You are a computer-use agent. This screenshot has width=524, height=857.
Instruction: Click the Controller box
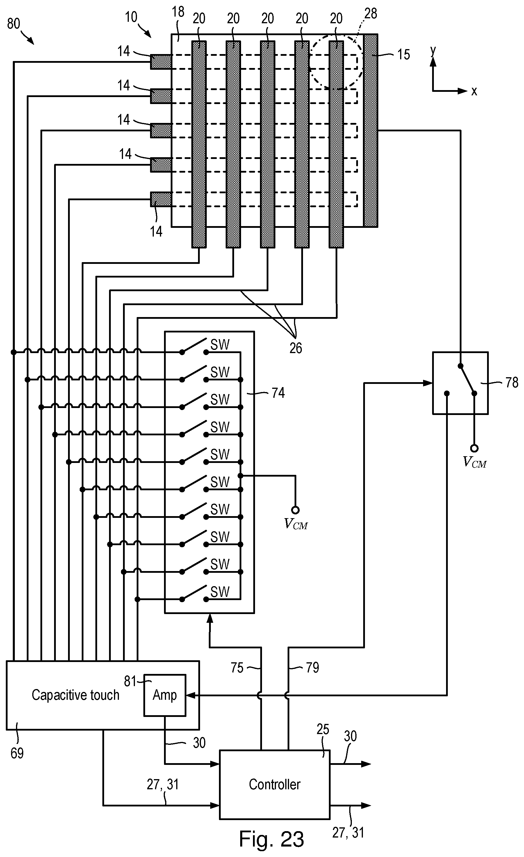coord(274,784)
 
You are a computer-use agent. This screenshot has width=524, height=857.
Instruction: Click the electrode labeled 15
coord(370,130)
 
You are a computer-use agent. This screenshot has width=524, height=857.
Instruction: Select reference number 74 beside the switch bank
coord(278,393)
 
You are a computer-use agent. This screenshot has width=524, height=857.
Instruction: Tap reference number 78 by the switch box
coord(512,383)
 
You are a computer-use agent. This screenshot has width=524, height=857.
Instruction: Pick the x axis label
coord(474,91)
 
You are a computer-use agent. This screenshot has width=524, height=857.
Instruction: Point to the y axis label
coord(433,51)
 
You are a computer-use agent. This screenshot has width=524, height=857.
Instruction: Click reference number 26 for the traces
coord(296,348)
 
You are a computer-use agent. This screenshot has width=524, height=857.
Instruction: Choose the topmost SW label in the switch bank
coord(220,345)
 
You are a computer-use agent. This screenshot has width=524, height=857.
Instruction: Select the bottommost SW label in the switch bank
coord(220,592)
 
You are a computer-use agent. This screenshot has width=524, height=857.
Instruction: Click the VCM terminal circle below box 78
coord(474,448)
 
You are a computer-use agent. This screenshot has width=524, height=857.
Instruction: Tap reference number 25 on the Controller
coord(322,729)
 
